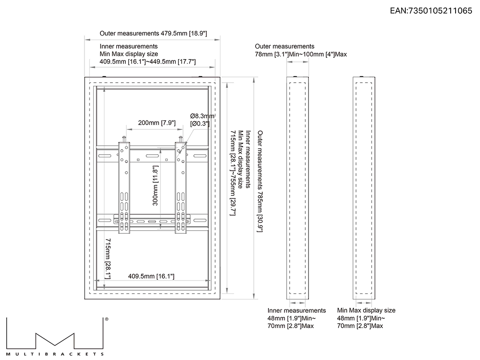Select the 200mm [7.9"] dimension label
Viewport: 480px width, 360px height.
tap(157, 123)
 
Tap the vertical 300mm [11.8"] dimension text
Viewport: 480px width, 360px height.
tap(156, 186)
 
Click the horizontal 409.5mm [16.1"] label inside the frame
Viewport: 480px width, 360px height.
tap(151, 276)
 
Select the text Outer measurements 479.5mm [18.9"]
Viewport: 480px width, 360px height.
tap(153, 33)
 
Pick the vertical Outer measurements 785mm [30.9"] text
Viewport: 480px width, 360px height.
tap(260, 181)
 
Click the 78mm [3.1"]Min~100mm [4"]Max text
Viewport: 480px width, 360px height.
tap(301, 55)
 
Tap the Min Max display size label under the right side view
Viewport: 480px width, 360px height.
tap(366, 310)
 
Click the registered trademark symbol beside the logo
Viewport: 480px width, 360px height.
tap(107, 319)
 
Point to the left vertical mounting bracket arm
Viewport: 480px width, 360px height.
tap(124, 188)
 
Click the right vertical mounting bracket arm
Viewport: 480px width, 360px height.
tap(180, 188)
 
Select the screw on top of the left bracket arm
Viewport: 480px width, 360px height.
tap(124, 139)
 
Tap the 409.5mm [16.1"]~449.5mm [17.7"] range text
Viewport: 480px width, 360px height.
tap(148, 61)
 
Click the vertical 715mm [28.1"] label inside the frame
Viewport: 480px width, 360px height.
tap(108, 259)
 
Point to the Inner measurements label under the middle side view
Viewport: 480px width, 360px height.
tap(296, 310)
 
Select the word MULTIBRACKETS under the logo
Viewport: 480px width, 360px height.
tap(55, 354)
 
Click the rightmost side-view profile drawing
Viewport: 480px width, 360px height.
tap(364, 188)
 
